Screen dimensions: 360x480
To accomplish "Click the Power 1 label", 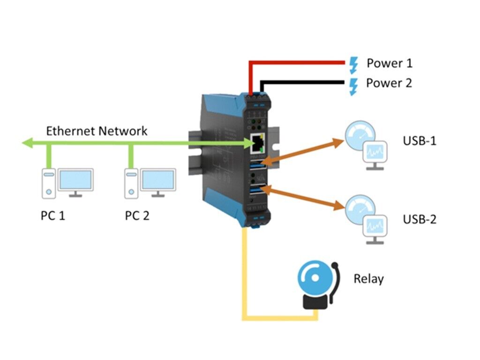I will click(389, 63).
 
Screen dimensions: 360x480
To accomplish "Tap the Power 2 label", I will click(389, 83).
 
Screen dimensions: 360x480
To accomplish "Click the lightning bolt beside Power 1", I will click(354, 63).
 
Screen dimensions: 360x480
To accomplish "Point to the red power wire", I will click(300, 62).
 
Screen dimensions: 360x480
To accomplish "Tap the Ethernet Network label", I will click(97, 131).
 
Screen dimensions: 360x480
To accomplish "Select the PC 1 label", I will click(52, 216).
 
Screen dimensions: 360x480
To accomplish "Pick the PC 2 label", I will click(137, 216).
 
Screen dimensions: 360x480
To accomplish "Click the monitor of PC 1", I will click(75, 181).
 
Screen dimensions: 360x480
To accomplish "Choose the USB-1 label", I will click(419, 141).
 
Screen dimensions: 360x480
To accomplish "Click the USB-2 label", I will click(419, 219).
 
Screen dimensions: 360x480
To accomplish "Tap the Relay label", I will click(368, 279).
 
